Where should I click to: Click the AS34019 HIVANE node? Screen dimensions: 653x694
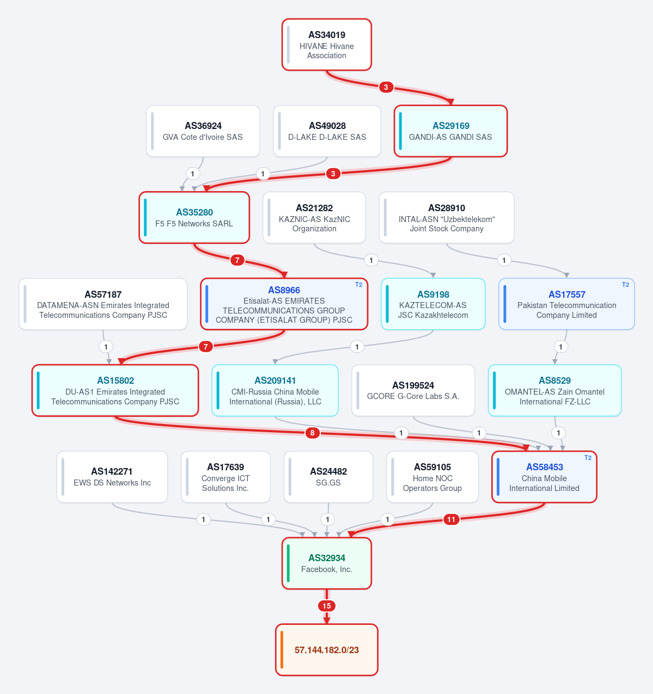coord(327,45)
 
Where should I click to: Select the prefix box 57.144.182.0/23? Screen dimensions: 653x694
coord(327,649)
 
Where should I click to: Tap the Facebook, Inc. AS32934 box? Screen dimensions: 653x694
coord(327,563)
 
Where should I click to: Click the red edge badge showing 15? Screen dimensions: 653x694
coord(327,606)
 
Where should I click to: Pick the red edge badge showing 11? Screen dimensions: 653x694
coord(451,520)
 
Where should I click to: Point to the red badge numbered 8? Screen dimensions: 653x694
coord(312,433)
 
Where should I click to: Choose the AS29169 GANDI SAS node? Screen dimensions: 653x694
coord(450,131)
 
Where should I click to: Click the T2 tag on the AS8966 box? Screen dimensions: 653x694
coord(358,285)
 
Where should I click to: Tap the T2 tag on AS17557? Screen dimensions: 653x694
coord(625,285)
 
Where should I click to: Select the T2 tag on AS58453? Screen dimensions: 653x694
coord(588,458)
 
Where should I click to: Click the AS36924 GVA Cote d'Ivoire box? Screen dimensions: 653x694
coord(203,131)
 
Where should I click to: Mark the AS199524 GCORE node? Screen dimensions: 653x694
coord(413,390)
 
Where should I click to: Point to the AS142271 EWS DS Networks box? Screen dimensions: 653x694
coord(112,477)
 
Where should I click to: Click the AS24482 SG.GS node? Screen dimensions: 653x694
coord(328,477)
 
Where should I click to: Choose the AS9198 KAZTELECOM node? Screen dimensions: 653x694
coord(433,304)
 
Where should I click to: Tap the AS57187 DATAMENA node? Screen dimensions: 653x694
coord(103,304)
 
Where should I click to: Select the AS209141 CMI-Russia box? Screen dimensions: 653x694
coord(275,390)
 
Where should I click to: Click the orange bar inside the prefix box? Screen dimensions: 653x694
coord(282,649)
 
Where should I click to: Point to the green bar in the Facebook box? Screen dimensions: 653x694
coord(288,563)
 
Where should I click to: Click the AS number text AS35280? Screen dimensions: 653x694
coord(194,212)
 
